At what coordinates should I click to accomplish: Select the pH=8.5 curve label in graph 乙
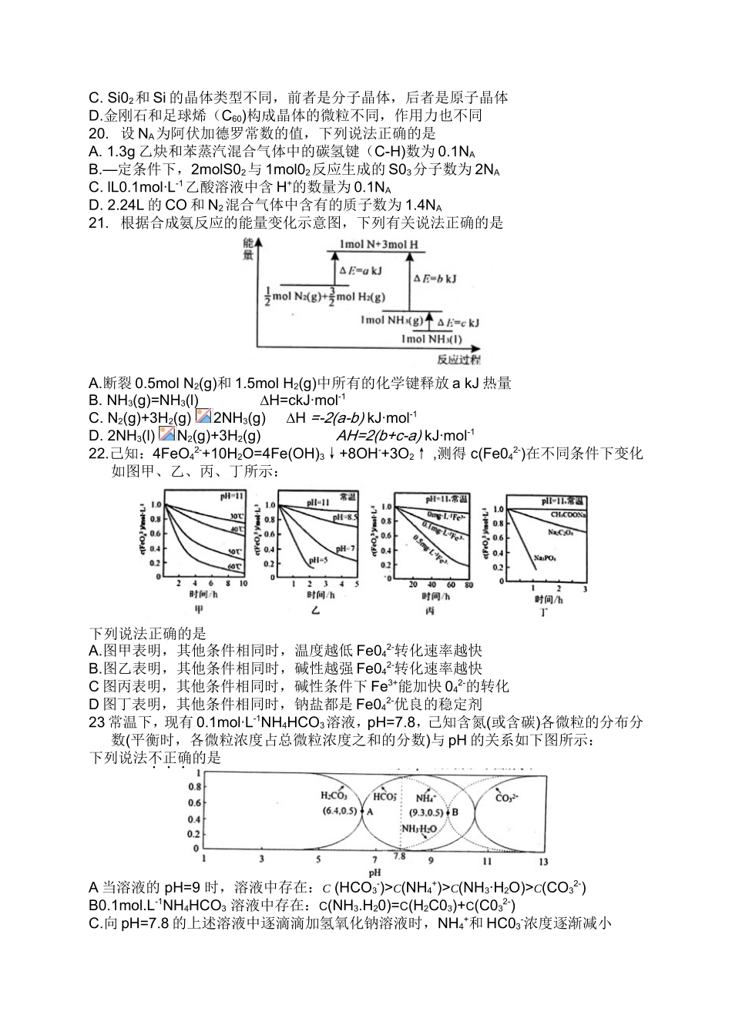tap(344, 517)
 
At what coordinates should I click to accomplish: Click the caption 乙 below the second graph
tap(315, 609)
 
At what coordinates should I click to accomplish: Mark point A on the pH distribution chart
tap(370, 811)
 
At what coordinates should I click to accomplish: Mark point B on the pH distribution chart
tap(455, 811)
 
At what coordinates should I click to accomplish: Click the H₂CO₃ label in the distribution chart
tap(334, 796)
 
